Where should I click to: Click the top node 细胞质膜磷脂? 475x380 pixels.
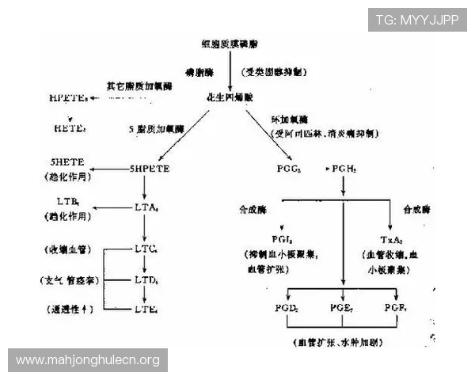pyautogui.click(x=230, y=44)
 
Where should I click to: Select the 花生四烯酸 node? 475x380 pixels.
pyautogui.click(x=230, y=97)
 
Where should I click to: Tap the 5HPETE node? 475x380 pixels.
pyautogui.click(x=150, y=169)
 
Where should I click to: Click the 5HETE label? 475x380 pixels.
pyautogui.click(x=65, y=162)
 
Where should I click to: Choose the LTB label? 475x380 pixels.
pyautogui.click(x=66, y=202)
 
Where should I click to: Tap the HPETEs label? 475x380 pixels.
pyautogui.click(x=67, y=97)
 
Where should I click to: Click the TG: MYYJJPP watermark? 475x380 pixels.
pyautogui.click(x=417, y=20)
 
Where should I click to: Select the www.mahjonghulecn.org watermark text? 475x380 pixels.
pyautogui.click(x=88, y=360)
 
